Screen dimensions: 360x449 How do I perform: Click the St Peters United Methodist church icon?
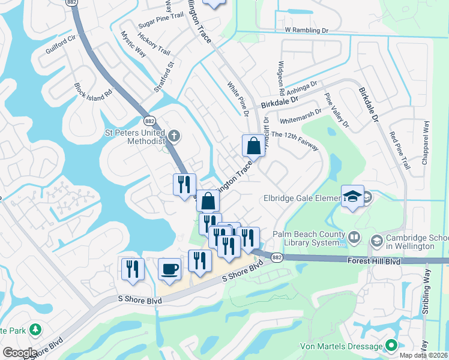(x=173, y=135)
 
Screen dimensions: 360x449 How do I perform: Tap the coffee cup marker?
(x=169, y=268)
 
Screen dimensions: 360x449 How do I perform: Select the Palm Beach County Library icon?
(x=354, y=239)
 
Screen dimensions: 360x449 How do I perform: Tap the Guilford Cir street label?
(x=63, y=46)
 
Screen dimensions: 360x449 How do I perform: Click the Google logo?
(x=19, y=353)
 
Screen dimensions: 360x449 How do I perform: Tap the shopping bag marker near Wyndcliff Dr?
(x=253, y=146)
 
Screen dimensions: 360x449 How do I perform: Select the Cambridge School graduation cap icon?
(x=376, y=241)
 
